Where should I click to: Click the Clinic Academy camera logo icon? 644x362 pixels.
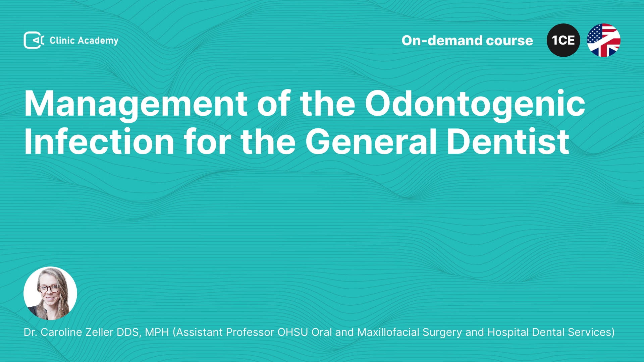coord(34,40)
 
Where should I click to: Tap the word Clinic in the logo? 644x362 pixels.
coord(62,40)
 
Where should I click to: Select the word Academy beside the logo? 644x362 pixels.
coord(98,41)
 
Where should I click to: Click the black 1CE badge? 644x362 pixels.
coord(563,40)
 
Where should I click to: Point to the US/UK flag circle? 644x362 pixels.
coord(604,40)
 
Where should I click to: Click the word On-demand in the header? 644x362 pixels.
coord(442,41)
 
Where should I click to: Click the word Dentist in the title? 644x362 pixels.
coord(508,141)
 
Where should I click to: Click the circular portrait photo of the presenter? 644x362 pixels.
coord(50,293)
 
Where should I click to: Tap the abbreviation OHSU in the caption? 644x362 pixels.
coord(292,332)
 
